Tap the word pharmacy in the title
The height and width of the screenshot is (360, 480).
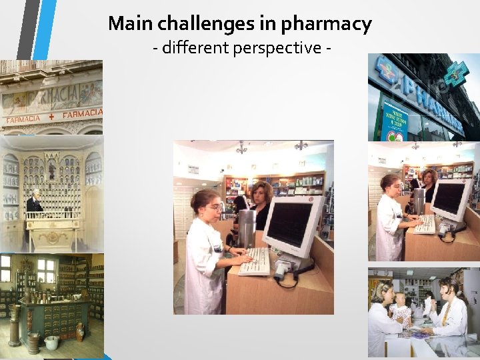pyautogui.click(x=326, y=25)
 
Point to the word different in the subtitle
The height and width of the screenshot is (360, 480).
pyautogui.click(x=196, y=49)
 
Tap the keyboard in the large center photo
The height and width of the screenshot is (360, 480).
pyautogui.click(x=255, y=261)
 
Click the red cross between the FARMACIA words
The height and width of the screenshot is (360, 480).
pyautogui.click(x=51, y=116)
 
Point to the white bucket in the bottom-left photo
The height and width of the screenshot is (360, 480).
pyautogui.click(x=51, y=343)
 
